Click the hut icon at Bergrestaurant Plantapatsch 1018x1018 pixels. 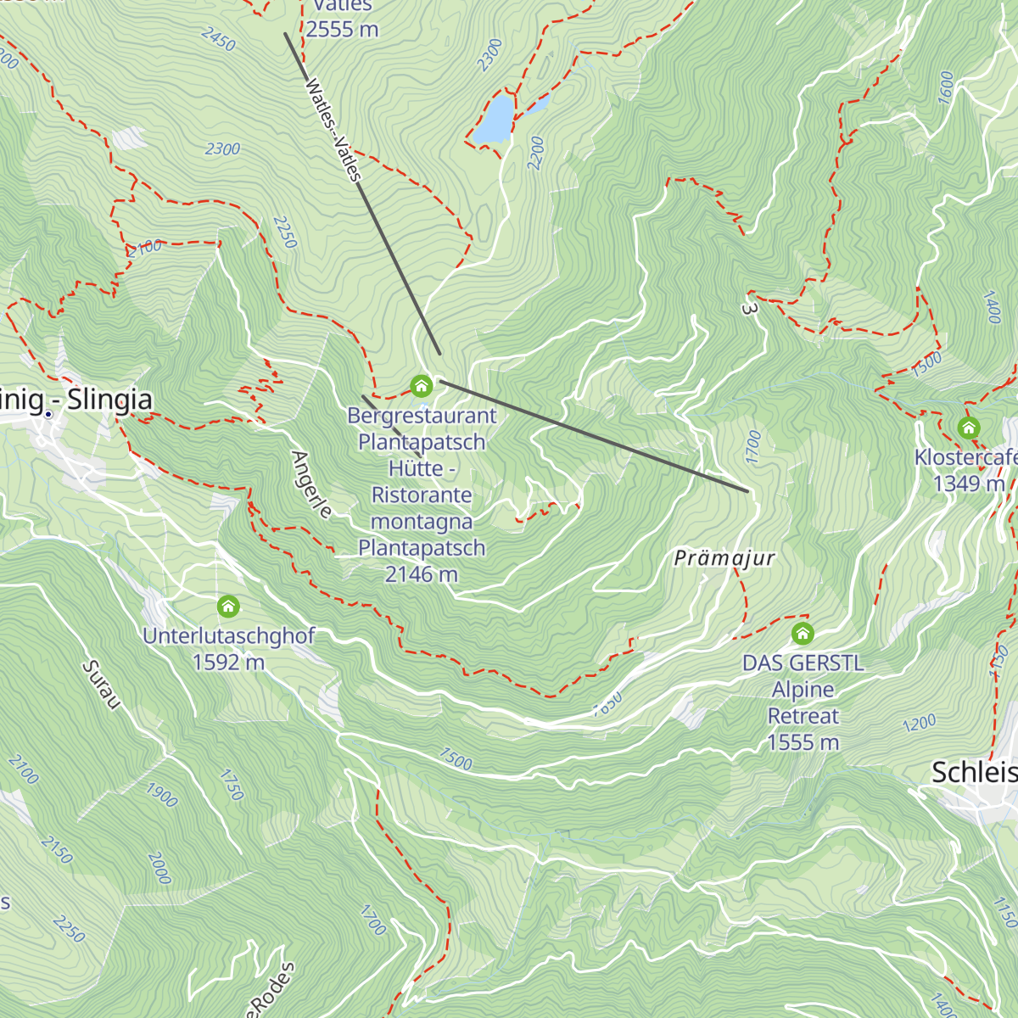tap(421, 387)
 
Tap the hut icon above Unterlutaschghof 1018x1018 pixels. tap(228, 607)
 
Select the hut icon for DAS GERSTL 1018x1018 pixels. tap(803, 633)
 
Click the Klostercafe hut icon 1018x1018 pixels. tap(969, 428)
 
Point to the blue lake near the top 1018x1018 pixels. tap(495, 119)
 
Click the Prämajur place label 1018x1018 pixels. tap(724, 558)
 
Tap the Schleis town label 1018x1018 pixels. tap(974, 772)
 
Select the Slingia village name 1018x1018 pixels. tap(109, 400)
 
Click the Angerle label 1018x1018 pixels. tap(311, 484)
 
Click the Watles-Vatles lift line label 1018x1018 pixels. tap(333, 130)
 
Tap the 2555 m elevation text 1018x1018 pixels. tap(342, 29)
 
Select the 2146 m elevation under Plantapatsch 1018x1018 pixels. tap(422, 574)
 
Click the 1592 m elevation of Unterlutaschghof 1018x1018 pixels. tap(228, 662)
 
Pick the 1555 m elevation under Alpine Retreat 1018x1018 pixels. tap(803, 742)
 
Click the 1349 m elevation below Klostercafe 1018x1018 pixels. tap(969, 484)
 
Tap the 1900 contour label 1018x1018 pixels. tap(161, 795)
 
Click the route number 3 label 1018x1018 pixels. tap(748, 309)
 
